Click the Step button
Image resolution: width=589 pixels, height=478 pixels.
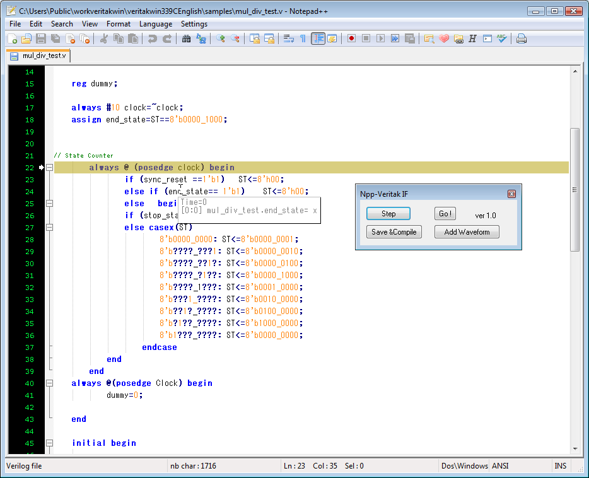pyautogui.click(x=388, y=214)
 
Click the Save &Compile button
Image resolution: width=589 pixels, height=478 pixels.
pyautogui.click(x=394, y=231)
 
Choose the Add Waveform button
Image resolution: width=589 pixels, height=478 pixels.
pyautogui.click(x=467, y=231)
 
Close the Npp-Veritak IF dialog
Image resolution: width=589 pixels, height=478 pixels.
pyautogui.click(x=511, y=194)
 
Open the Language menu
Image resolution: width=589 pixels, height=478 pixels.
pyautogui.click(x=156, y=24)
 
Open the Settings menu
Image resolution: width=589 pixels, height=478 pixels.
pyautogui.click(x=194, y=24)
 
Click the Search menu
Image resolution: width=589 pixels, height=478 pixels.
pyautogui.click(x=62, y=24)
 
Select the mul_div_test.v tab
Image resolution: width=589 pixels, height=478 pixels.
pyautogui.click(x=39, y=55)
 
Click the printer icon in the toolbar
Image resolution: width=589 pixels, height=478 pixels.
pyautogui.click(x=522, y=38)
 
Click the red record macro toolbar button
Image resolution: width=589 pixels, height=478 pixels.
pyautogui.click(x=352, y=38)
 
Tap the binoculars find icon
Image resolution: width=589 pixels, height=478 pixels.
pyautogui.click(x=186, y=38)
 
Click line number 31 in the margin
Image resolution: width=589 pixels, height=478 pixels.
pyautogui.click(x=29, y=276)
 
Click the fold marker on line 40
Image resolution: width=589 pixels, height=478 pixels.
pyautogui.click(x=49, y=383)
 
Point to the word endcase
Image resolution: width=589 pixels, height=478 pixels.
pyautogui.click(x=160, y=347)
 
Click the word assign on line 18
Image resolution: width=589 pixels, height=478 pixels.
pyautogui.click(x=86, y=120)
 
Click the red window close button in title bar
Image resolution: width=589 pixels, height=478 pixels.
pyautogui.click(x=574, y=11)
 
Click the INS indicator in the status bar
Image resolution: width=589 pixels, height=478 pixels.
pyautogui.click(x=560, y=466)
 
